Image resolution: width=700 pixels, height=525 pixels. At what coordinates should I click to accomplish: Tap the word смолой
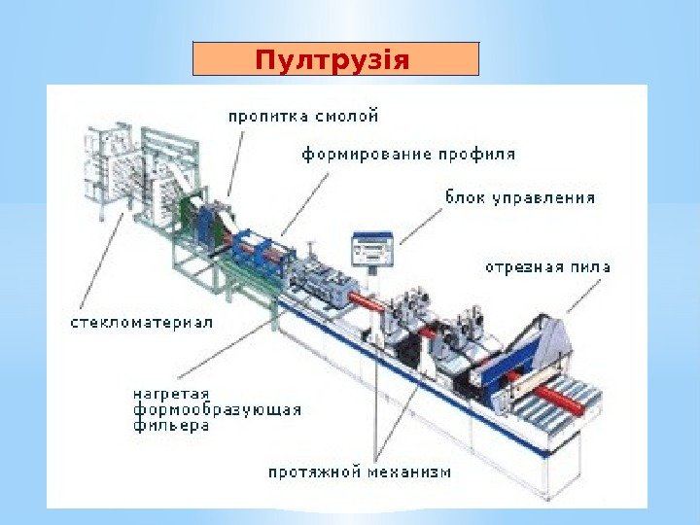pos(346,117)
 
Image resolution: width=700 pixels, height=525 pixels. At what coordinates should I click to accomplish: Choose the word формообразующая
pos(217,410)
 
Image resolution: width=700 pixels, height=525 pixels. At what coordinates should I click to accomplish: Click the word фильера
pos(171,426)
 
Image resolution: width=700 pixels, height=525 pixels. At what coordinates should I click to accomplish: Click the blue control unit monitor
pos(372,248)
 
